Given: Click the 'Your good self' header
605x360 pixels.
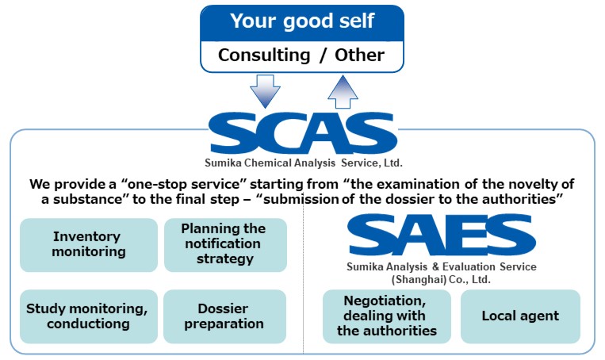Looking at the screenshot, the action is coord(302,21).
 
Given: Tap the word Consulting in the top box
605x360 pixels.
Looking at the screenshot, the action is coord(264,56).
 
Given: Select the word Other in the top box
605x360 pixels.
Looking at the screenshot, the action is coord(359,55).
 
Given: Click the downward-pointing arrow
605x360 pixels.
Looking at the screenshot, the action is coord(265,91).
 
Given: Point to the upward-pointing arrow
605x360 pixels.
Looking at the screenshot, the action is coord(343,91).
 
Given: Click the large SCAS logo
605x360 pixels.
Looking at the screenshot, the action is coord(303,133).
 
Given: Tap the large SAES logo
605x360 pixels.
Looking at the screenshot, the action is coord(441,235).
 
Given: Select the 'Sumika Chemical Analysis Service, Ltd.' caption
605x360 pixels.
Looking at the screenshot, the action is coord(303,163).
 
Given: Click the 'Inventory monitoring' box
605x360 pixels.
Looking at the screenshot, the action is coord(89,245).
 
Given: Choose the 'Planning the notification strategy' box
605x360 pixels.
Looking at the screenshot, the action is coord(225,245).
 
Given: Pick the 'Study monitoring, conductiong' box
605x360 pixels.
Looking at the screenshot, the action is coord(89,316).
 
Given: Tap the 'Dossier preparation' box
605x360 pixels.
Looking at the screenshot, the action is coord(224,316).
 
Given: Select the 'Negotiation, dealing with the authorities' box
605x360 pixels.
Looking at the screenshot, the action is coord(387,316).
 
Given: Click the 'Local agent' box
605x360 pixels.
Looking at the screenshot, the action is coord(520,316).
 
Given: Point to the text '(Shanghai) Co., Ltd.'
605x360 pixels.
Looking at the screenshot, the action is coord(441,279).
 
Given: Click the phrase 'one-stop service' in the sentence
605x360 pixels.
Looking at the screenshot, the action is coord(184,184).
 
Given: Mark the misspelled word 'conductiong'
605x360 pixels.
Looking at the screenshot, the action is coord(88,324).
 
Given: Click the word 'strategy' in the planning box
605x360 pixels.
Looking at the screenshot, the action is coord(225,259).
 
